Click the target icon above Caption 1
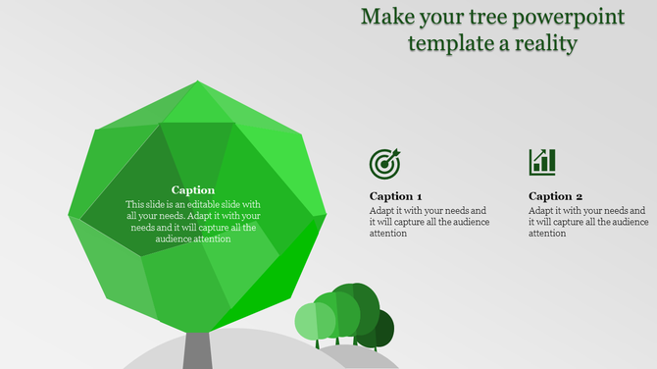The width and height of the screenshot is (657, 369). click(x=384, y=163)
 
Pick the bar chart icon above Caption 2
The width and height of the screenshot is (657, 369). click(x=542, y=162)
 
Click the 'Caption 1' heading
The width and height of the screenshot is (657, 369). click(x=396, y=196)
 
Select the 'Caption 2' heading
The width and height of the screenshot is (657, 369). click(x=555, y=196)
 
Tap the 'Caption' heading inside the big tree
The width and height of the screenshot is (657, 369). click(x=193, y=190)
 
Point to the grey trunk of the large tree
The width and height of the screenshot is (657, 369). click(x=197, y=350)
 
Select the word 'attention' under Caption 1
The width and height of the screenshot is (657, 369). click(x=388, y=234)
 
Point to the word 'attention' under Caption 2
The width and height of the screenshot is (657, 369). click(x=547, y=234)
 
